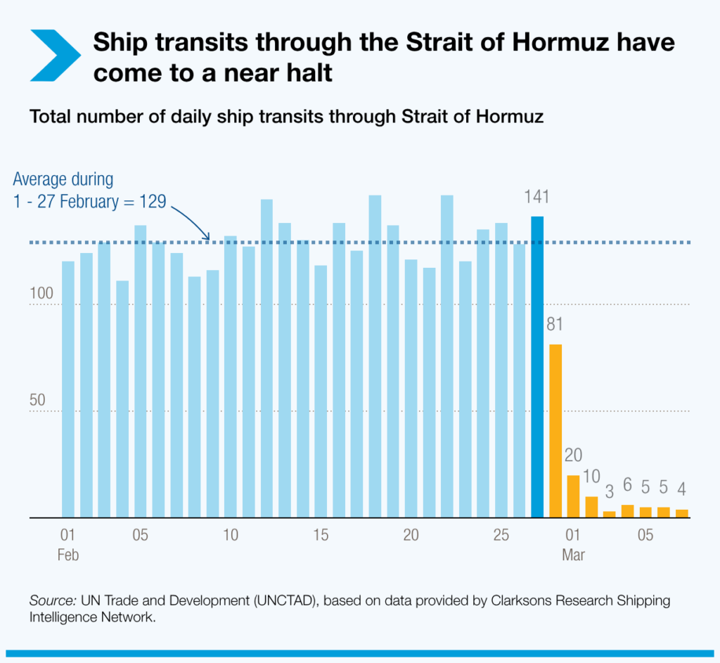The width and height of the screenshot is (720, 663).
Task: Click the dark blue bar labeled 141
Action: (537, 366)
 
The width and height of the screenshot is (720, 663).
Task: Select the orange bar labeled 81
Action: (555, 430)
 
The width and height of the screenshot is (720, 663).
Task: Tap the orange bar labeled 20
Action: (573, 496)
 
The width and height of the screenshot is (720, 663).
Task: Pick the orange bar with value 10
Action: (591, 507)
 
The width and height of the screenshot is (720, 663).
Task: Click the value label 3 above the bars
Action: (609, 489)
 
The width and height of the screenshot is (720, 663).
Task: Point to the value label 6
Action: (627, 487)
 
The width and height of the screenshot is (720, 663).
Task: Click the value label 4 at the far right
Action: (681, 488)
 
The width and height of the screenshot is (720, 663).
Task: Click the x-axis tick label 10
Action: (231, 536)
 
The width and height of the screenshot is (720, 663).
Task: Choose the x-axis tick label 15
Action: (321, 536)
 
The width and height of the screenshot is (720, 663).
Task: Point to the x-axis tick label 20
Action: (411, 536)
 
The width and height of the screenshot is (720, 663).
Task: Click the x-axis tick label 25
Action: (501, 536)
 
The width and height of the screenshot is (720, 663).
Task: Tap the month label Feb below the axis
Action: (68, 555)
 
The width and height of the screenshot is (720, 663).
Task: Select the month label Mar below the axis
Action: (573, 555)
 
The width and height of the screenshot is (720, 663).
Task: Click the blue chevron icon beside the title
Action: (56, 55)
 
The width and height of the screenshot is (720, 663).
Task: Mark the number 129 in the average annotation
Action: (152, 202)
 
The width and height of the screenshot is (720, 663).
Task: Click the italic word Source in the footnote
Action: (52, 601)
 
